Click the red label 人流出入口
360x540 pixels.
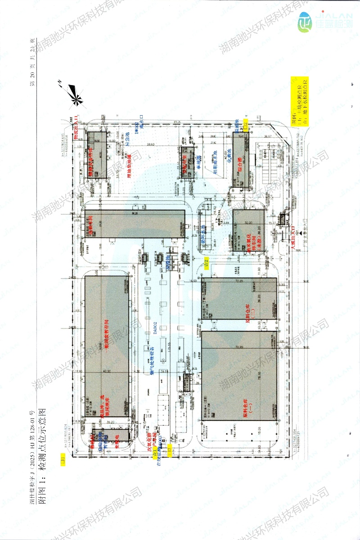pyautogui.click(x=294, y=238)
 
